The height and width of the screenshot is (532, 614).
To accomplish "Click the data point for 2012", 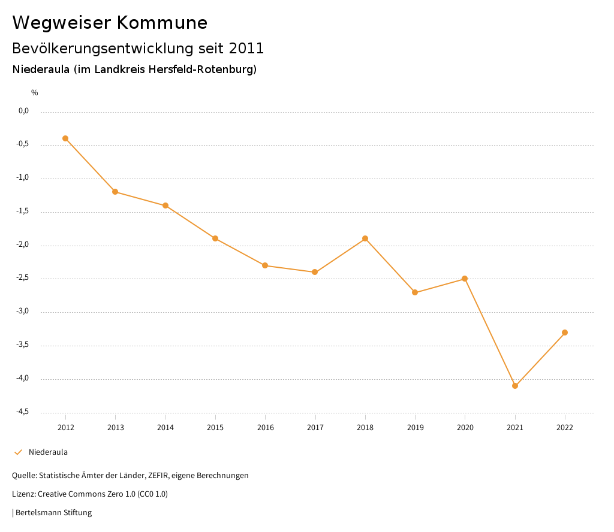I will point(65,138).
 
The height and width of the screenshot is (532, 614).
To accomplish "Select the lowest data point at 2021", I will point(515,386).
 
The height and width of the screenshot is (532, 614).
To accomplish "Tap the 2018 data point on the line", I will point(365,238).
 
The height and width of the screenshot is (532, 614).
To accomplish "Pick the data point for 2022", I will point(565,332).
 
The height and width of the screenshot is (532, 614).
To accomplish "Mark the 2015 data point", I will point(215,238).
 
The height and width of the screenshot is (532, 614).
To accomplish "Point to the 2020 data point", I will point(465,279).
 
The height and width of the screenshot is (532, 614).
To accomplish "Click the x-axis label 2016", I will point(266,428).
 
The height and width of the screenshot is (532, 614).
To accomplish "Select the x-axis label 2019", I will point(415,428).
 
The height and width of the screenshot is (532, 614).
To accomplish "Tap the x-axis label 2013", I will point(116,428).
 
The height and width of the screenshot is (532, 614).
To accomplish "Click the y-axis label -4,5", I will point(23,412).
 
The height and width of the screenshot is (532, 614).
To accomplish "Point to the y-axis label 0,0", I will point(24,111).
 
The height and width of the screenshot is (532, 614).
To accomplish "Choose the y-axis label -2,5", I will point(23,278).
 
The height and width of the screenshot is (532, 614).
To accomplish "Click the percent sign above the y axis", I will point(35,93).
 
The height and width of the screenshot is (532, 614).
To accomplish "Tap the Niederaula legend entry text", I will point(48,452).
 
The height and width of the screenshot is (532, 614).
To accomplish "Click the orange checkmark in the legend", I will point(18,452).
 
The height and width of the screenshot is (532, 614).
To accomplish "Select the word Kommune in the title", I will point(162,23).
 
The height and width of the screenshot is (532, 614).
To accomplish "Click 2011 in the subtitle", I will point(246,48).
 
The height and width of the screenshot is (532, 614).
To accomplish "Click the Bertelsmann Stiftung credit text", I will point(53,513).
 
